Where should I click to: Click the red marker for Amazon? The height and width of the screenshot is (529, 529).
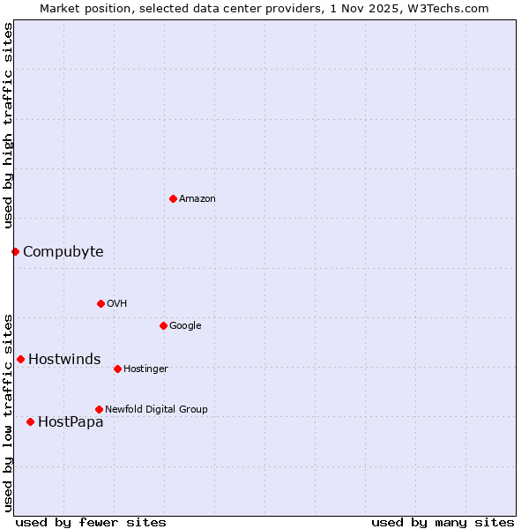(173, 198)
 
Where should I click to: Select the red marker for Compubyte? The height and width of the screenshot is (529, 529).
(15, 251)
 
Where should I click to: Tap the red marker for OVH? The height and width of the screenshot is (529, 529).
(101, 303)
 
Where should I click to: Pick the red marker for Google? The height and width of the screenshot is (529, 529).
(163, 325)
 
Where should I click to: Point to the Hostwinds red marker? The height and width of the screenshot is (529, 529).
(20, 359)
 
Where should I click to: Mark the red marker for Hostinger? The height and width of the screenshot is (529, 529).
(117, 369)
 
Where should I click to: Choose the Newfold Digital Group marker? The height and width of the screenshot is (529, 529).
(99, 409)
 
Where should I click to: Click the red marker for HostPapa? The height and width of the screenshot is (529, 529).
(30, 421)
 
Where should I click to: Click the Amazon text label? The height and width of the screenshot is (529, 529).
(197, 199)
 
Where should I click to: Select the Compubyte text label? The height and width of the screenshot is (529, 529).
(63, 252)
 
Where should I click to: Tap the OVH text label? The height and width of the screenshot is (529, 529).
(116, 304)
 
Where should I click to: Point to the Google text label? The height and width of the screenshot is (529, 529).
(185, 326)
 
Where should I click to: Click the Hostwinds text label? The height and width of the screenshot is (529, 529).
(64, 360)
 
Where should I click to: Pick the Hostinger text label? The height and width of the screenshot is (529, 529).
(145, 369)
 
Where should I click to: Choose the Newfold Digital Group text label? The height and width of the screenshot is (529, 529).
(156, 410)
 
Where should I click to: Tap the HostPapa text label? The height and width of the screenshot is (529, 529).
(71, 422)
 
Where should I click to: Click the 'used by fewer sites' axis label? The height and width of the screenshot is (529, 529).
(91, 522)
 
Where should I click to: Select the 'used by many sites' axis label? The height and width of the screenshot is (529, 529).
(443, 522)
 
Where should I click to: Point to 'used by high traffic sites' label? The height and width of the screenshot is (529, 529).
(8, 124)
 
